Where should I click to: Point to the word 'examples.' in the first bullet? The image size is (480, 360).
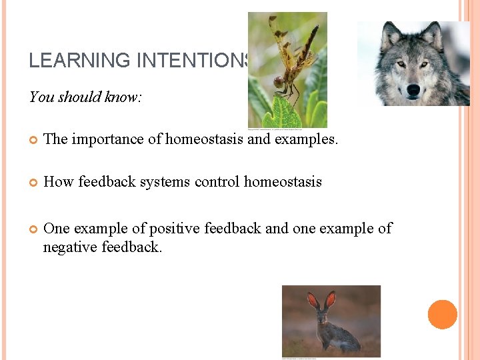(309, 139)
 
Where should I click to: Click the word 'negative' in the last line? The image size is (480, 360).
(70, 247)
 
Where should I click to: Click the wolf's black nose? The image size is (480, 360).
(413, 89)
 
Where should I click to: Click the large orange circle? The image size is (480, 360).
(443, 315)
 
